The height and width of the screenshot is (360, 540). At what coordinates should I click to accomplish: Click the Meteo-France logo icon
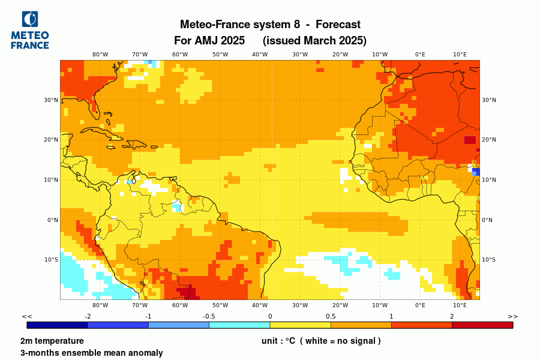pyautogui.click(x=29, y=20)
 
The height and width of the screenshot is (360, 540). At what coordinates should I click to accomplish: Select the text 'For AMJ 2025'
pyautogui.click(x=209, y=41)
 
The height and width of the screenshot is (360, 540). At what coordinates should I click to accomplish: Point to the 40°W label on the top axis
pyautogui.click(x=260, y=54)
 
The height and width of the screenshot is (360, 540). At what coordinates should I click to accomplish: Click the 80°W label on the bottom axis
pyautogui.click(x=100, y=305)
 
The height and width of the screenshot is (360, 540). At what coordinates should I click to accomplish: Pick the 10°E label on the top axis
pyautogui.click(x=460, y=54)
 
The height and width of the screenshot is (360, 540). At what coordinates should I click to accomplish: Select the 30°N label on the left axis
pyautogui.click(x=51, y=100)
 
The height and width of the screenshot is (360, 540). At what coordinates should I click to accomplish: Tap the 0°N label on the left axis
pyautogui.click(x=52, y=220)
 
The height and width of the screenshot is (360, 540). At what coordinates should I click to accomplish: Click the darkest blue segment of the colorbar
pyautogui.click(x=58, y=325)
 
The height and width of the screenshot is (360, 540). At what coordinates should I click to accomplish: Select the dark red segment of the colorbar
pyautogui.click(x=482, y=325)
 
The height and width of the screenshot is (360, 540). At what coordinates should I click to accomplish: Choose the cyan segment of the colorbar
pyautogui.click(x=239, y=325)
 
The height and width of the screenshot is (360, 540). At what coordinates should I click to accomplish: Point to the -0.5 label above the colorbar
pyautogui.click(x=209, y=316)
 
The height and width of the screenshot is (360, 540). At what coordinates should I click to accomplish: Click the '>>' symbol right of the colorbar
pyautogui.click(x=512, y=316)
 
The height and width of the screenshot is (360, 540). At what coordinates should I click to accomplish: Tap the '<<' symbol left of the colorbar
pyautogui.click(x=27, y=316)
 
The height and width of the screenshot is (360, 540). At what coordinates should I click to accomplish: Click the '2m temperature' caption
pyautogui.click(x=52, y=341)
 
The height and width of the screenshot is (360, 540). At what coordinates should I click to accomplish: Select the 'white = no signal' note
pyautogui.click(x=340, y=341)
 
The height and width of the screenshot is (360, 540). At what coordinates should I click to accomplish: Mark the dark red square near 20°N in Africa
pyautogui.click(x=470, y=140)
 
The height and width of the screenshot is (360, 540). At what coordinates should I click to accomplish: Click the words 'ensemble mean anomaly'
pyautogui.click(x=114, y=353)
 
